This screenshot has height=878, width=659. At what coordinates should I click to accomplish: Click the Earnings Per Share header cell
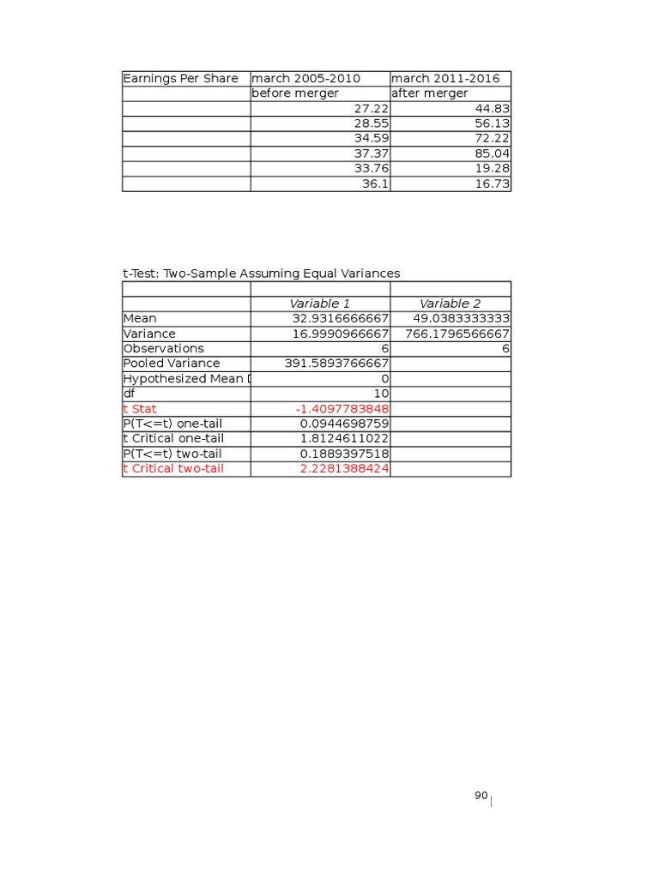(181, 79)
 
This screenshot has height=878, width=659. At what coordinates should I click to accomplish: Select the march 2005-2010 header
(305, 79)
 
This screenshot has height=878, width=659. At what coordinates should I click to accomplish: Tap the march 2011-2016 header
(445, 79)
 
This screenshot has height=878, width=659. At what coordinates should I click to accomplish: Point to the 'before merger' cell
(295, 93)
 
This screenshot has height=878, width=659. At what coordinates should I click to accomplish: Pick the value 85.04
(492, 153)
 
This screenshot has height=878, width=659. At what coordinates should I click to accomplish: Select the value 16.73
(492, 183)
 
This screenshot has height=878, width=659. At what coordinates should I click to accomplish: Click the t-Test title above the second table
(262, 274)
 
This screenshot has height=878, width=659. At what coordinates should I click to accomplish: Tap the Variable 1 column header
(320, 304)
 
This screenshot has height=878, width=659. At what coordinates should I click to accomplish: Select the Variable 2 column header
(450, 304)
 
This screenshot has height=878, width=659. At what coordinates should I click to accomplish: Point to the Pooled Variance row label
(172, 364)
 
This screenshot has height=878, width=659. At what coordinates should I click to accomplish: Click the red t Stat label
(140, 409)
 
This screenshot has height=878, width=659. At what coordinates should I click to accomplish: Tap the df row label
(130, 394)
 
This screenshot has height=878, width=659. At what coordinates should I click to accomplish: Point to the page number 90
(481, 797)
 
